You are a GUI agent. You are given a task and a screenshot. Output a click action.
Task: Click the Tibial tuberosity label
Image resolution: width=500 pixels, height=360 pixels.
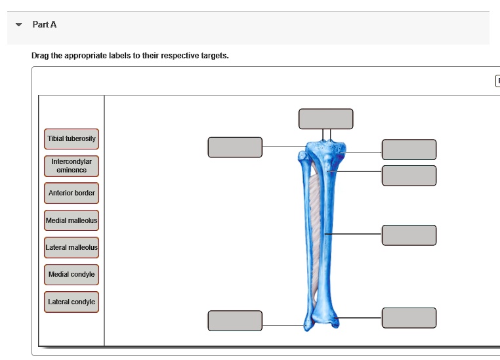[72, 139]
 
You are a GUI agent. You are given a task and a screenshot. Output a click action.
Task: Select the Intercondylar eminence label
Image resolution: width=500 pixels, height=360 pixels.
[72, 165]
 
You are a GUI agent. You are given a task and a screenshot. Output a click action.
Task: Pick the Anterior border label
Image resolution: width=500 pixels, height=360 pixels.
[72, 193]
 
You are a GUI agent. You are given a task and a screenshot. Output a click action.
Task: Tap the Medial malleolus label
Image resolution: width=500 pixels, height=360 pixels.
[72, 220]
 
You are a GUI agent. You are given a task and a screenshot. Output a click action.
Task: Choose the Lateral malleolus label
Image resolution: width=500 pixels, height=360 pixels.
[72, 248]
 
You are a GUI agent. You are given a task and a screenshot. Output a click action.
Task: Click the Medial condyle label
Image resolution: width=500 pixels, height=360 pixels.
[72, 275]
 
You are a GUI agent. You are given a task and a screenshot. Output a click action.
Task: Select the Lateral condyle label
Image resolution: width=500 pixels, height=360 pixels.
[72, 302]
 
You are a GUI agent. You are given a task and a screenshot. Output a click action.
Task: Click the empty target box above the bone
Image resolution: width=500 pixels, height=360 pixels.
[325, 119]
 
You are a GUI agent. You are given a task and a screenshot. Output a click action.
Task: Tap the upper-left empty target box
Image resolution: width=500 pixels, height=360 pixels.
[235, 148]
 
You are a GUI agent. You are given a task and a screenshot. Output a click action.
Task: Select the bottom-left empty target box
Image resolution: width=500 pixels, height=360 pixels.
[235, 321]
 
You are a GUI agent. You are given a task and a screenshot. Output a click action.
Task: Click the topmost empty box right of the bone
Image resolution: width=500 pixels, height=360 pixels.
[409, 150]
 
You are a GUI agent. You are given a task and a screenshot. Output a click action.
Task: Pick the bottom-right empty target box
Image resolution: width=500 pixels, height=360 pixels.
[409, 317]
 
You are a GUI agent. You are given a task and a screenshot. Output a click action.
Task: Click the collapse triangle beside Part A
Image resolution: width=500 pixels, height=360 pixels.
[19, 25]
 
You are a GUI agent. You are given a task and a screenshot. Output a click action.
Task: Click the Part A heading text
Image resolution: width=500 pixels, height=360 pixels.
[45, 25]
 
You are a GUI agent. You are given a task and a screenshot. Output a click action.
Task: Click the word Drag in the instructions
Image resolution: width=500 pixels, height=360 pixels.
[39, 56]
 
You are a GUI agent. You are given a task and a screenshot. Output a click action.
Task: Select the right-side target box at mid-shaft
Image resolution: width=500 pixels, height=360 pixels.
[409, 235]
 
